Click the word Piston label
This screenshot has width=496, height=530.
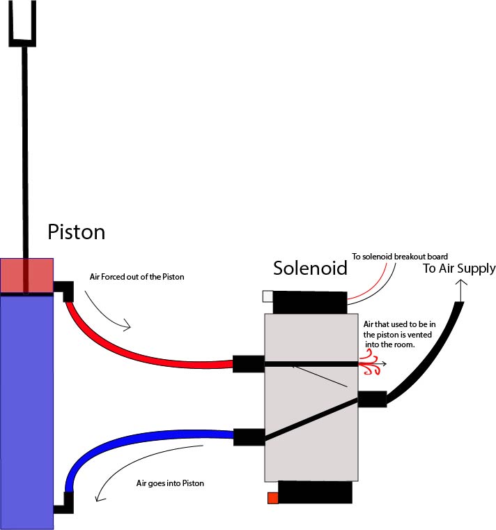[x=76, y=232]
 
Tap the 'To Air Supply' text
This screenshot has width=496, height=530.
[x=458, y=268]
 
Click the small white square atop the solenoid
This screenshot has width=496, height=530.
[x=268, y=296]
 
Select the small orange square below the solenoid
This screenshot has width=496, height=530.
[x=272, y=498]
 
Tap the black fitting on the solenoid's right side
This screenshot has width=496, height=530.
[x=372, y=399]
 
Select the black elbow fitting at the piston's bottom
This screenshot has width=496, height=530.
[x=65, y=502]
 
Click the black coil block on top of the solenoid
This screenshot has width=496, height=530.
[x=309, y=303]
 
